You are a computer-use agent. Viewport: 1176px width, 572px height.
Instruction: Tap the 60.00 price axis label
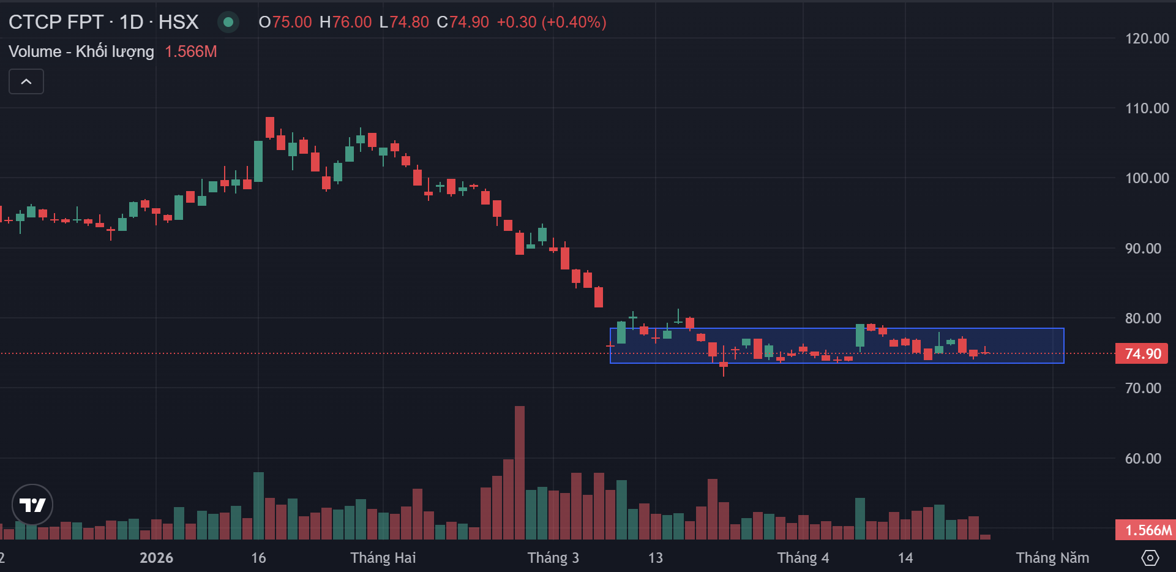(x=1143, y=459)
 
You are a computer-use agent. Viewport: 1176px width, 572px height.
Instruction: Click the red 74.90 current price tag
(x=1142, y=354)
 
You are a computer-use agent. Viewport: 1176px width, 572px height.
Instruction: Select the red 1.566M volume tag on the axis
(x=1145, y=530)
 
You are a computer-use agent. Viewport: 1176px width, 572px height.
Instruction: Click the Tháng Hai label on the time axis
(x=383, y=558)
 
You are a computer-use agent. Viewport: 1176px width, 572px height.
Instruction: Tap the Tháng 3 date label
(x=553, y=558)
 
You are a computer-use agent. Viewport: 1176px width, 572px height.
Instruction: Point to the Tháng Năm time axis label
(x=1052, y=558)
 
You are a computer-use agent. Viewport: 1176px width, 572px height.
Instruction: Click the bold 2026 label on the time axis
(x=156, y=558)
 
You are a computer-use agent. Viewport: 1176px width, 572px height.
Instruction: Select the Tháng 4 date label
(x=803, y=558)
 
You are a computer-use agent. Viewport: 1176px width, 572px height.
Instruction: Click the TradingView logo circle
(x=32, y=505)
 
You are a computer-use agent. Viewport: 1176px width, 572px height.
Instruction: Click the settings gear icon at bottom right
(x=1150, y=558)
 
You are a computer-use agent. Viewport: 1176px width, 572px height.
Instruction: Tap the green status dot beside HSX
(x=228, y=22)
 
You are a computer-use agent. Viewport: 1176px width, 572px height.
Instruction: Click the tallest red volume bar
(x=520, y=472)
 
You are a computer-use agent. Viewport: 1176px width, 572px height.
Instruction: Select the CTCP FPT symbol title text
(x=56, y=22)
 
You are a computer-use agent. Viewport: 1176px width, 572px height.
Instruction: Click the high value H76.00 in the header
(x=346, y=22)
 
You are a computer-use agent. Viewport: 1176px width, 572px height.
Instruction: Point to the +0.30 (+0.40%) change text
(x=552, y=22)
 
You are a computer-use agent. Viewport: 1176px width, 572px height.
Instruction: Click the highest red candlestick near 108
(x=270, y=127)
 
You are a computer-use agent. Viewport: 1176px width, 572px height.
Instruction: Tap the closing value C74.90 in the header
(x=463, y=22)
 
